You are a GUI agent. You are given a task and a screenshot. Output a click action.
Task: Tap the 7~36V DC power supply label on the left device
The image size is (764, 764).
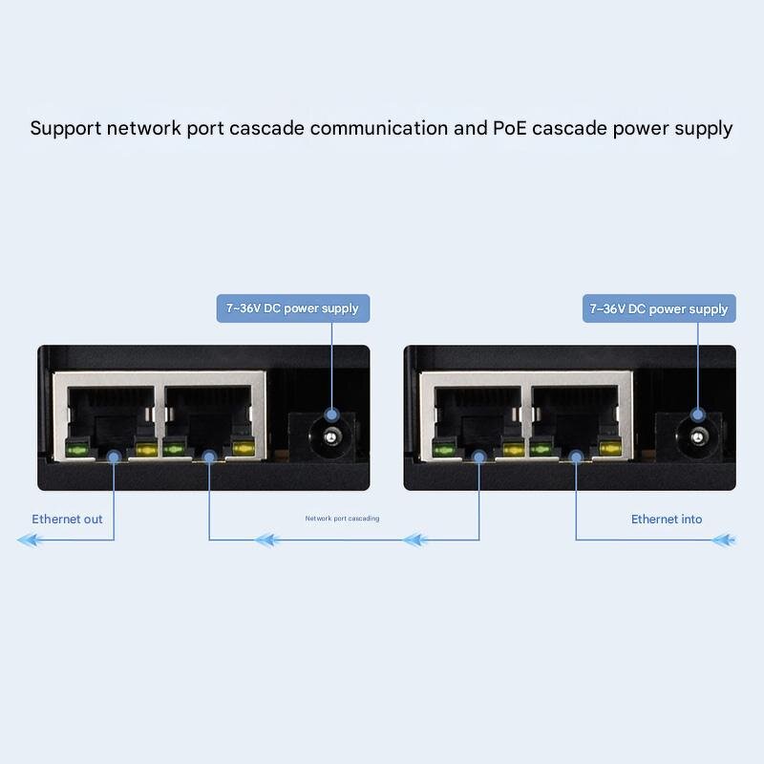tap(292, 308)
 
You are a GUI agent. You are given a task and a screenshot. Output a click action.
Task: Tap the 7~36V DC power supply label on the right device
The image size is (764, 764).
tap(659, 308)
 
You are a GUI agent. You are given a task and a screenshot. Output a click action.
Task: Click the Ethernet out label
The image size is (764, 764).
tap(67, 520)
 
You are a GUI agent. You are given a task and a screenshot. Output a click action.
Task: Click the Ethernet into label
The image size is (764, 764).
tap(667, 520)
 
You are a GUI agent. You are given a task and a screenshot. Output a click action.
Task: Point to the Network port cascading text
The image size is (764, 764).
tap(342, 519)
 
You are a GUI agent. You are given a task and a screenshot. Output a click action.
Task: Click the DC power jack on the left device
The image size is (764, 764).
tap(330, 436)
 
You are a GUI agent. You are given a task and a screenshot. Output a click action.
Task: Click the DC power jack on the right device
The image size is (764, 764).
tap(697, 436)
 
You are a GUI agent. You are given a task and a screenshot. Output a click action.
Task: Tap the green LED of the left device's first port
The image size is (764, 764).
tap(75, 449)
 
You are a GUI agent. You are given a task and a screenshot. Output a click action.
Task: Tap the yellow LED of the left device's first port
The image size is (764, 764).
tap(145, 449)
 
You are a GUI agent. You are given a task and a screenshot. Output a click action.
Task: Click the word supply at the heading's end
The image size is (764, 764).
tap(701, 128)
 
